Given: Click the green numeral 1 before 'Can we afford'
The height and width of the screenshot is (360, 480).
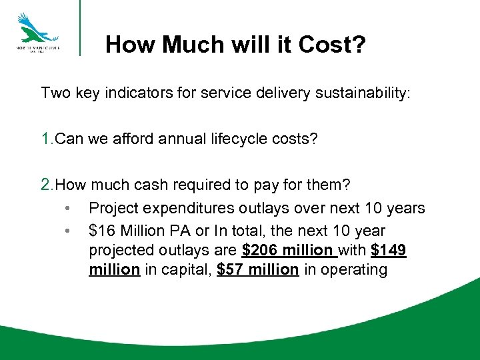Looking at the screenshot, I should [45, 139].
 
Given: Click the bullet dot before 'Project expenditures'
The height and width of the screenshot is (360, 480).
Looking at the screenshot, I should [68, 209].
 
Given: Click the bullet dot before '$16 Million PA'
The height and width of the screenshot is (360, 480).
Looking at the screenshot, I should [68, 231].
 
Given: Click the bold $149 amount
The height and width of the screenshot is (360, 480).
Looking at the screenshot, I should [388, 250].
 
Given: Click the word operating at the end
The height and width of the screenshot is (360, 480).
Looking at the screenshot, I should [355, 270].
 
